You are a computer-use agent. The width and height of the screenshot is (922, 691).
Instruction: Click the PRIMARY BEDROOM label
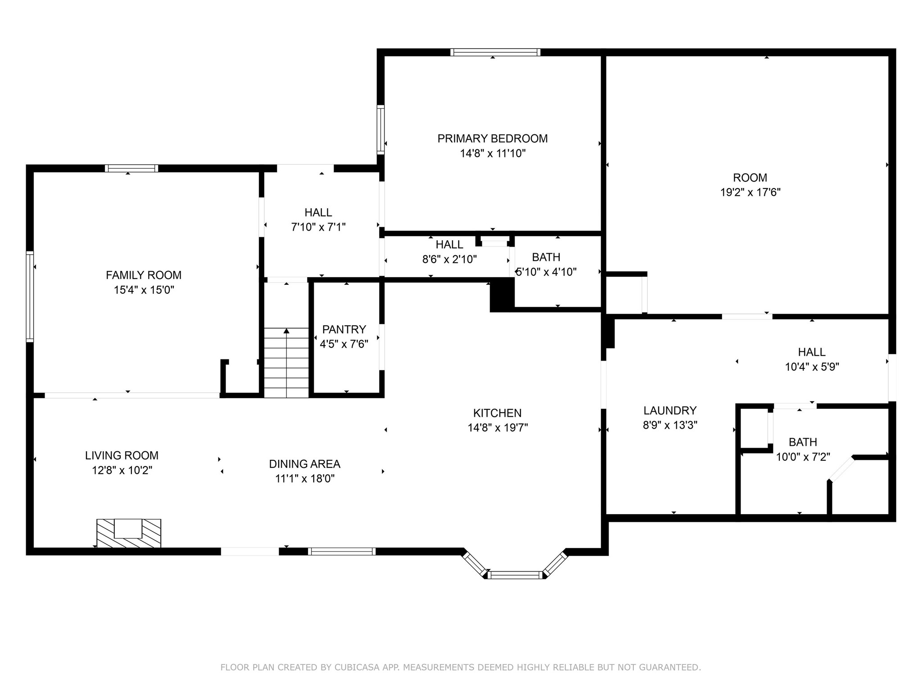coord(493,139)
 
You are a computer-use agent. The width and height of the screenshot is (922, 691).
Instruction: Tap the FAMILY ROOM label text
coord(144,275)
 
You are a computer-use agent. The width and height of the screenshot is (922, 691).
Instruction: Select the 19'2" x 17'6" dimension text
coord(750,193)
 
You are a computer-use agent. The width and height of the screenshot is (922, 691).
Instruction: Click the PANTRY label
coord(344,329)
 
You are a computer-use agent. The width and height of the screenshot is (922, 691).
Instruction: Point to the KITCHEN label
coord(497,413)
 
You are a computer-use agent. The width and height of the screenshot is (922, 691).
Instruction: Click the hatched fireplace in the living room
coord(129,533)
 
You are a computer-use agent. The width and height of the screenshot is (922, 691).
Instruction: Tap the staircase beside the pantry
coord(286,363)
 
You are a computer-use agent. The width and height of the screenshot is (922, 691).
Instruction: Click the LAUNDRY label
coord(670,410)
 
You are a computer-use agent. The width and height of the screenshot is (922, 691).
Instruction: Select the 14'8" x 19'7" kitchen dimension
coord(497,427)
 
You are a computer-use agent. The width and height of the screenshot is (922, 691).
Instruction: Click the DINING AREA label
coord(305,464)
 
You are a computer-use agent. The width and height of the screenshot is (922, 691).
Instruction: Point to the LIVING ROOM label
coord(122,456)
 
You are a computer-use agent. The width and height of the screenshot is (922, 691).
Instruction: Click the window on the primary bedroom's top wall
coord(495,52)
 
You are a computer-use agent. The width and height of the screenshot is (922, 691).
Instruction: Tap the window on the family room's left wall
coord(30,296)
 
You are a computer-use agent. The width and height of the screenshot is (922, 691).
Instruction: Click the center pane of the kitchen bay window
coord(515,574)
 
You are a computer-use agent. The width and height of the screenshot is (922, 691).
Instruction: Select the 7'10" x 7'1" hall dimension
coord(318,227)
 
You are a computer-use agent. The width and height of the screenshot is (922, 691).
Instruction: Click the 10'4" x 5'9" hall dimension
coord(812,367)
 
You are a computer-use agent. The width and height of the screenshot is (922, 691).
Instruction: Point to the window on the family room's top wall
coord(131,168)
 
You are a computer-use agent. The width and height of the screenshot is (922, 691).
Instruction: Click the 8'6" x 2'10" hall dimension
coord(449,260)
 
